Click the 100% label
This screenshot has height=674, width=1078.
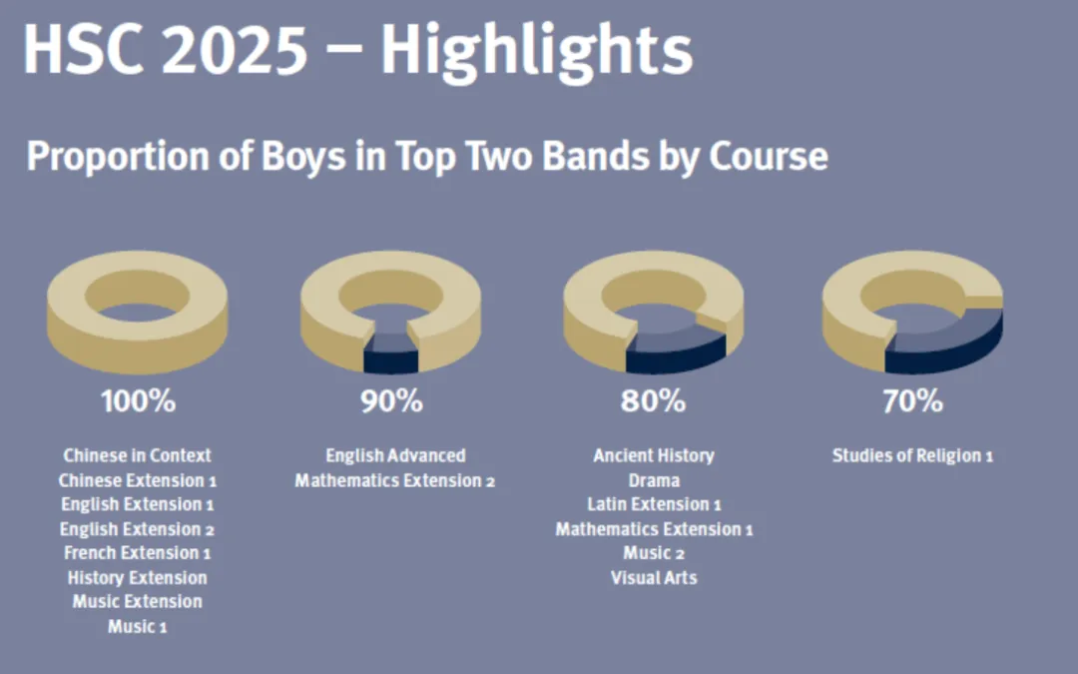pos(138,402)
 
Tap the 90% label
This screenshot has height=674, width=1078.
pos(391,402)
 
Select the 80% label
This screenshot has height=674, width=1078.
pos(653,402)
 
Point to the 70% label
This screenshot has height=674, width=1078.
pos(912,402)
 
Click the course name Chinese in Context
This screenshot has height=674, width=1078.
pos(138,455)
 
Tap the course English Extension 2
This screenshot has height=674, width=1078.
pos(138,529)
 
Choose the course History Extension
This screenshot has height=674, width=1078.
pos(138,577)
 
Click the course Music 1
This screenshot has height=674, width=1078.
pos(138,626)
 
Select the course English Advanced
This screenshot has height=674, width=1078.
pos(395,455)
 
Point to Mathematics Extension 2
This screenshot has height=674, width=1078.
pos(395,480)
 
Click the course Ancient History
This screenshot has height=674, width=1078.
pos(654,455)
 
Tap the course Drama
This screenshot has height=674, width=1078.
pos(654,480)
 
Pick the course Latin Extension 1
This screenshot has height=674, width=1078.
pos(654,504)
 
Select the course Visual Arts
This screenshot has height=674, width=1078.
pos(654,577)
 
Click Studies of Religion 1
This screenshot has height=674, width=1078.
pos(912,455)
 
